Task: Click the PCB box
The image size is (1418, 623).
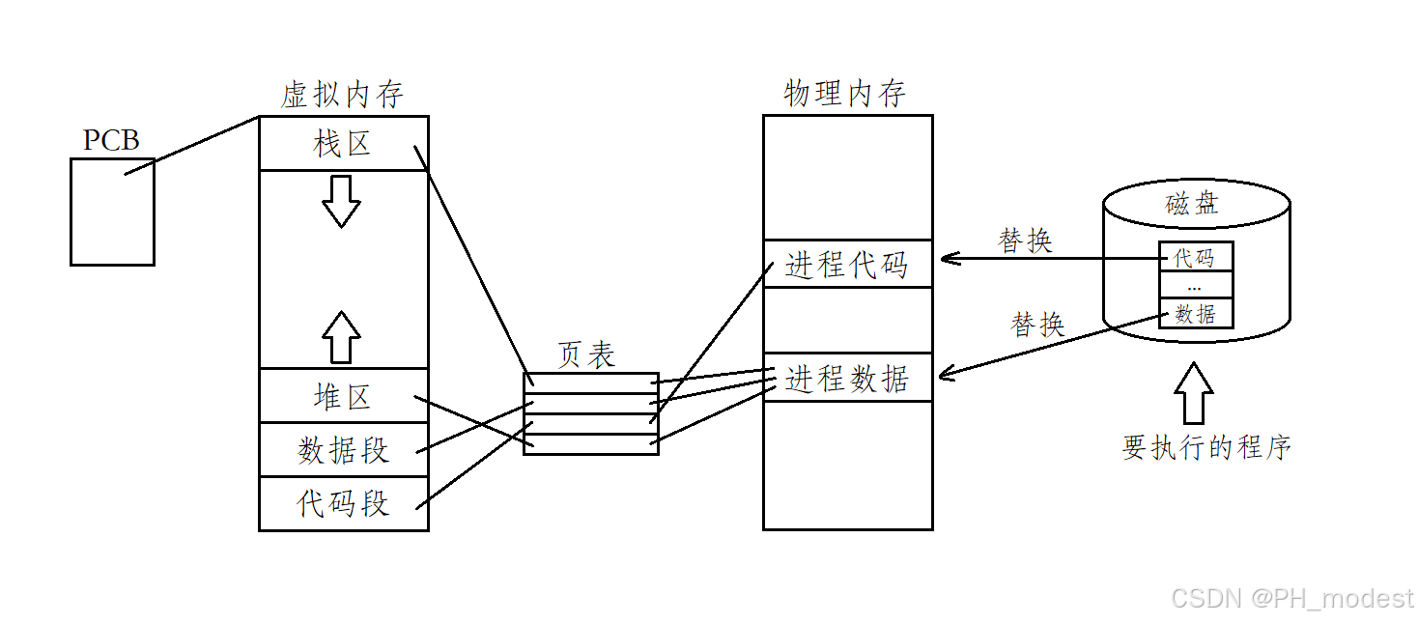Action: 112,212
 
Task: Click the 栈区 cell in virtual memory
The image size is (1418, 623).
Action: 343,144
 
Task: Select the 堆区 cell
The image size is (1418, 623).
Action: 343,396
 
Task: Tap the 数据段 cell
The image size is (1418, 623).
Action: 343,450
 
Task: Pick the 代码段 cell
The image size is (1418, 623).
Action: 343,504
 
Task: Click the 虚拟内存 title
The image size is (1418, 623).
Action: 342,95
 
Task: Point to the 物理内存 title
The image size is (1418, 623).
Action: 845,94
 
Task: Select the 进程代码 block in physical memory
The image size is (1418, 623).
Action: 847,265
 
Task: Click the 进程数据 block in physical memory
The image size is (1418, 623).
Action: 847,379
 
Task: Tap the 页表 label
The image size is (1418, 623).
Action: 586,355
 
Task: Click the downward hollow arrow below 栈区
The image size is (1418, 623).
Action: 341,201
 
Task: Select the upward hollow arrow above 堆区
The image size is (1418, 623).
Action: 341,336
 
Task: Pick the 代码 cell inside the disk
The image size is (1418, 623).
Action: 1196,258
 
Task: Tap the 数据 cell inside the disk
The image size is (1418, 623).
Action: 1196,314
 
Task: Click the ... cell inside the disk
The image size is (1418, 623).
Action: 1196,286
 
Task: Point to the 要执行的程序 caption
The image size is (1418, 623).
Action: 1206,447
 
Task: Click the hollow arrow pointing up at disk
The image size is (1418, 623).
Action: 1195,392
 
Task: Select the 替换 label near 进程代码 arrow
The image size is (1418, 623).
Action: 1025,241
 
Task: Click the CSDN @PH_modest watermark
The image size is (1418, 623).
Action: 1291,599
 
